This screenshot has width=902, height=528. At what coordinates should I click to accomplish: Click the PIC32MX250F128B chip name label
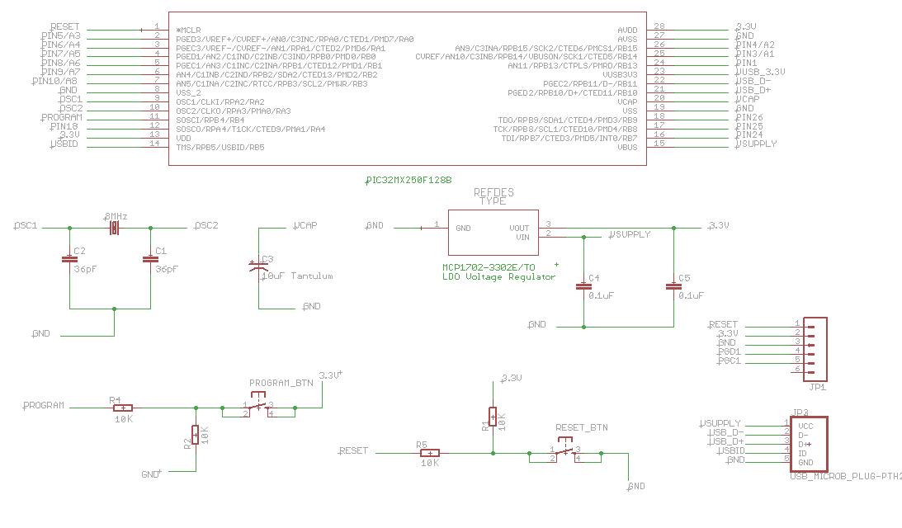408,179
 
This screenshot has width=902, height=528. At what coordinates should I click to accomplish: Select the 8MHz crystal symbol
114,227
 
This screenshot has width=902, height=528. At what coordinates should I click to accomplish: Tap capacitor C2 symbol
69,259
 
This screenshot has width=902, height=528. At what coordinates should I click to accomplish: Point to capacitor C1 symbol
150,259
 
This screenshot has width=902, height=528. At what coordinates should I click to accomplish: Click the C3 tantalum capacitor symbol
257,266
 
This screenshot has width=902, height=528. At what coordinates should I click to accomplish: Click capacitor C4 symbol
584,286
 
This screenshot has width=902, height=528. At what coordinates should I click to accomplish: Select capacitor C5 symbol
673,286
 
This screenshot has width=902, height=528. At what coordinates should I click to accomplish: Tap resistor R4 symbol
122,407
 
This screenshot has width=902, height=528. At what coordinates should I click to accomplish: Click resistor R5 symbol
428,452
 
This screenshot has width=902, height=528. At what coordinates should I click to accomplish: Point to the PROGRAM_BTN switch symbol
259,406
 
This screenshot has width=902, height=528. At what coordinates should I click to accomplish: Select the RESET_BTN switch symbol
565,451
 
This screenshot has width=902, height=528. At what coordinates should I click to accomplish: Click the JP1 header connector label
817,387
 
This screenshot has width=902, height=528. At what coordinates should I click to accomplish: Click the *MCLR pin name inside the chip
188,30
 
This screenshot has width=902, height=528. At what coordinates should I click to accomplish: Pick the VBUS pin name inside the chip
627,147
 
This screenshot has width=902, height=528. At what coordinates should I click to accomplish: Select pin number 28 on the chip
659,26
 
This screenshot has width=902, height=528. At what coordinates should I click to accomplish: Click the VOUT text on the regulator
518,227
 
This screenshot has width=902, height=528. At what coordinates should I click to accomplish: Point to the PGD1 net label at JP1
729,351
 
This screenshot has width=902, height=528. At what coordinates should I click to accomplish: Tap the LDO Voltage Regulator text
498,277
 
